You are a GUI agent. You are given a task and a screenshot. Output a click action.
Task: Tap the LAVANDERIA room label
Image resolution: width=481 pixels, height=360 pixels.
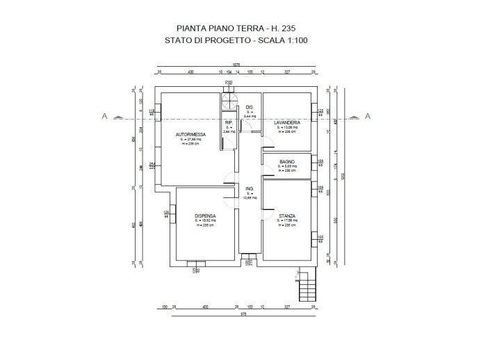point(286,122)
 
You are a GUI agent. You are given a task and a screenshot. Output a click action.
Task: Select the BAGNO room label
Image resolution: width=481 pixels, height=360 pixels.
point(287,161)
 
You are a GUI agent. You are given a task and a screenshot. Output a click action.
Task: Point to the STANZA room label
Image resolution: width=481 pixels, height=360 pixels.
point(287,215)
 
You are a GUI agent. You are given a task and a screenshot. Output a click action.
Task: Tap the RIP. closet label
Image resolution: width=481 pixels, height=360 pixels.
point(228,122)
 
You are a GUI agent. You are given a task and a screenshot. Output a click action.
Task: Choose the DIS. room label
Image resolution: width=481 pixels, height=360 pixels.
point(250,107)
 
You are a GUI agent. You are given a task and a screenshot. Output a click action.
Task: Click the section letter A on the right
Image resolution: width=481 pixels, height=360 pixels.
point(368,115)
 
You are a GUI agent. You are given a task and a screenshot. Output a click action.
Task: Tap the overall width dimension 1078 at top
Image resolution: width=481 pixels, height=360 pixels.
point(236,65)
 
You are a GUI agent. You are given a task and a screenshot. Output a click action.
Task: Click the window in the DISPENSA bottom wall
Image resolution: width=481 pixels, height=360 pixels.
point(197,262)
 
